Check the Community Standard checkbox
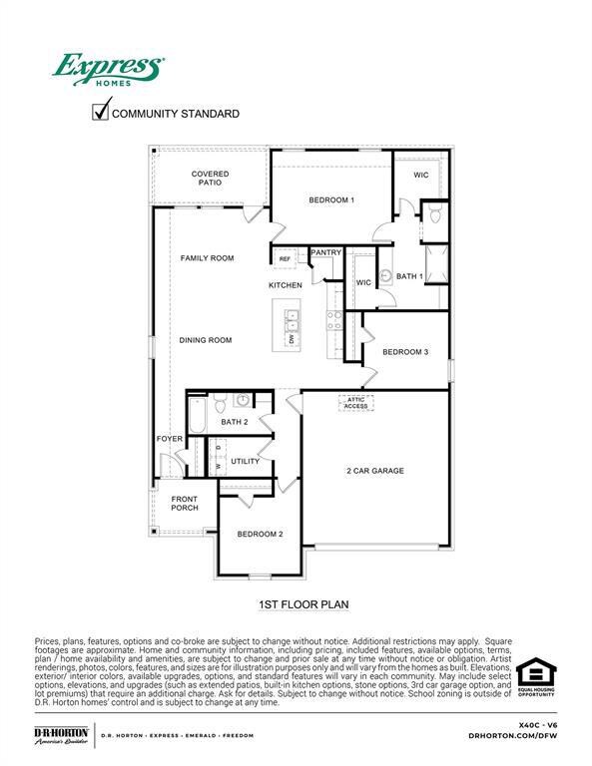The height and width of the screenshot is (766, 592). click(100, 111)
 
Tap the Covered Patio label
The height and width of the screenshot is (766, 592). click(210, 179)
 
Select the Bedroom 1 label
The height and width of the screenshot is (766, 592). click(331, 200)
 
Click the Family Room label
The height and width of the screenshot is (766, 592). click(207, 258)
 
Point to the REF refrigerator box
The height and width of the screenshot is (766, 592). click(285, 259)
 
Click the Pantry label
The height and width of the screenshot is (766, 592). click(326, 253)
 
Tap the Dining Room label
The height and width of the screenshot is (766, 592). click(206, 340)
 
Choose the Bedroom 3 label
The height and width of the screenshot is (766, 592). click(405, 352)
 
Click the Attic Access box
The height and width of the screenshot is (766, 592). click(356, 403)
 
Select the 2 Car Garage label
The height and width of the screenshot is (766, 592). click(375, 471)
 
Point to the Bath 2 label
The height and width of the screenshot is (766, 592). click(235, 423)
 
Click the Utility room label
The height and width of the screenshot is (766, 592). click(246, 462)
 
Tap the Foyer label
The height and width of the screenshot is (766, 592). click(169, 440)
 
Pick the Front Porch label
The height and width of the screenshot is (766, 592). click(185, 503)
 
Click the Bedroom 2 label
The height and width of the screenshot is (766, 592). click(260, 535)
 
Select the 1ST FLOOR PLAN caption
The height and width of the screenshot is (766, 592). click(302, 603)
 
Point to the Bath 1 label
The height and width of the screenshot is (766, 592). click(409, 276)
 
